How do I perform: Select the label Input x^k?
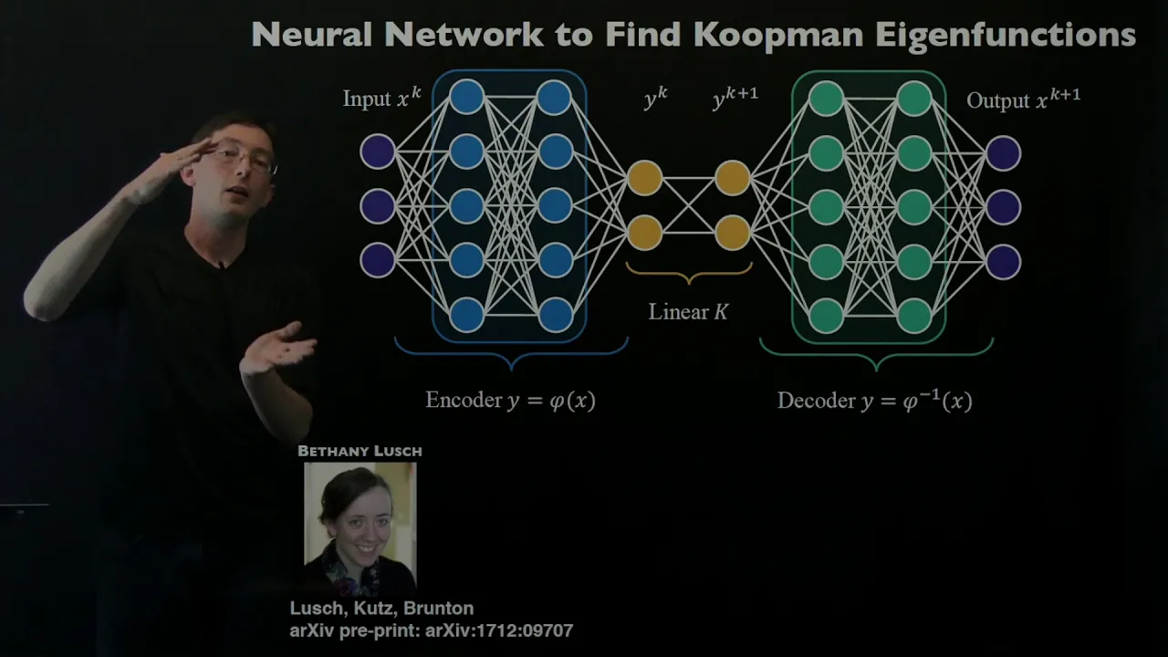tap(381, 99)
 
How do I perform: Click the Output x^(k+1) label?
tap(1023, 99)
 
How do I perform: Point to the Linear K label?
tap(689, 312)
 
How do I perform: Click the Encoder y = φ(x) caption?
tap(510, 401)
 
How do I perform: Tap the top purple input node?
tap(378, 151)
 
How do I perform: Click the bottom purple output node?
tap(1003, 261)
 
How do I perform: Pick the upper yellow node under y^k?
tap(644, 178)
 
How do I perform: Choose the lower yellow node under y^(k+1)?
tap(732, 233)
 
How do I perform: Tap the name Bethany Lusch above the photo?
tap(360, 451)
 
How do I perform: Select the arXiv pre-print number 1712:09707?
tap(511, 631)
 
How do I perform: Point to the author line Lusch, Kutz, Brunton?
tap(381, 609)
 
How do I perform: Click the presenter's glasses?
tap(245, 159)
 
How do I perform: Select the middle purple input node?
tap(378, 206)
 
